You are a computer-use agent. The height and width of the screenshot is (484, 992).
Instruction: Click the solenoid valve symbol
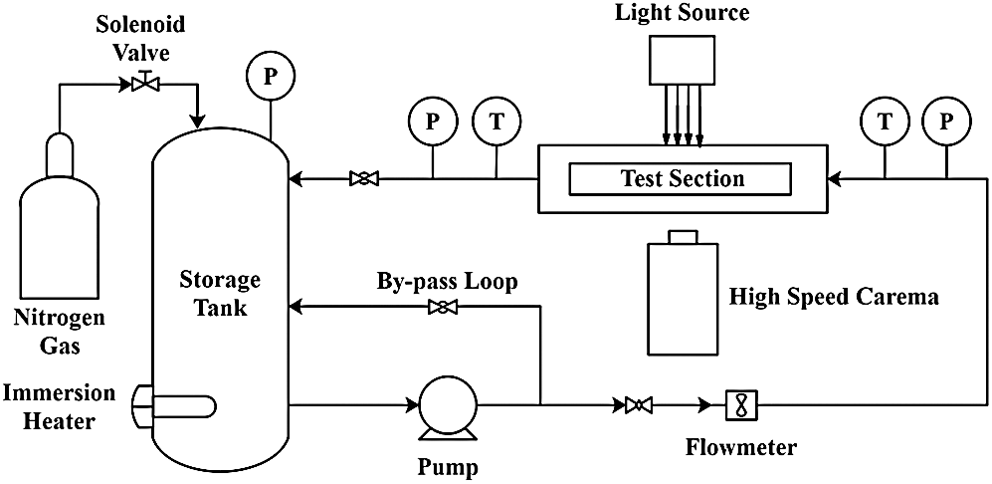[x=145, y=86]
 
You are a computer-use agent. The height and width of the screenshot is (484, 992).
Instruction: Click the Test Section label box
[x=682, y=179]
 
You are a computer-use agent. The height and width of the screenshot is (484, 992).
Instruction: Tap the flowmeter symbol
[x=742, y=405]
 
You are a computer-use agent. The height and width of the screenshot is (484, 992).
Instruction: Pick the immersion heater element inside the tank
[x=179, y=406]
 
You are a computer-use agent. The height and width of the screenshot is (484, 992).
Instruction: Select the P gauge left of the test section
[x=432, y=122]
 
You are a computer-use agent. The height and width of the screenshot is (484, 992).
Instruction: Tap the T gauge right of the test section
[x=884, y=122]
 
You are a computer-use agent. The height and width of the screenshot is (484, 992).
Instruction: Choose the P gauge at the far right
[x=946, y=122]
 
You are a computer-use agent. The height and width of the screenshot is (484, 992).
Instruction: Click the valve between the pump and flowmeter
[x=638, y=405]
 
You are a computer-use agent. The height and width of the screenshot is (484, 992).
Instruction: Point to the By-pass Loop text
[x=447, y=282]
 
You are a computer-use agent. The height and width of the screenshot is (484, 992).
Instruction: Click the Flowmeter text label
[x=741, y=447]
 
